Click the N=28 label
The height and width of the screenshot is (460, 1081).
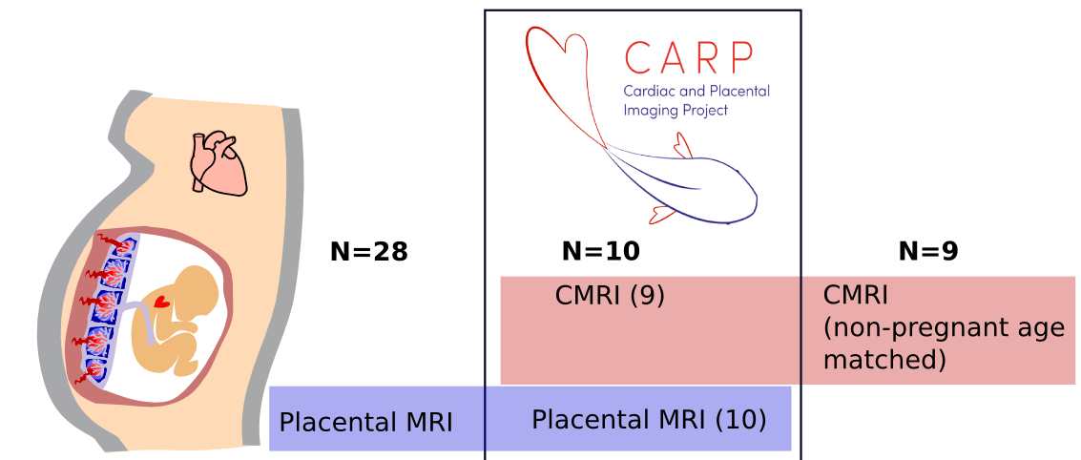click(x=368, y=252)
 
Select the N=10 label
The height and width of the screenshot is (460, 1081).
click(x=600, y=252)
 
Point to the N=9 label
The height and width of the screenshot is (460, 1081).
click(x=927, y=252)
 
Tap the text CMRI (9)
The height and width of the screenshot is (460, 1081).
click(x=610, y=296)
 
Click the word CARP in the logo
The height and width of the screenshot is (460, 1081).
click(x=688, y=58)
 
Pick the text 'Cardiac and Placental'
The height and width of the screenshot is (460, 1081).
click(x=696, y=92)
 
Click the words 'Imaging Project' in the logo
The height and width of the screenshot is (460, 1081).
click(x=675, y=110)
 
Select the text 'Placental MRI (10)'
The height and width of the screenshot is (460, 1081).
click(x=649, y=419)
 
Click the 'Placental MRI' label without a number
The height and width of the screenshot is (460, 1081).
click(x=365, y=422)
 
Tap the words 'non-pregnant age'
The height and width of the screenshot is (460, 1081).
click(x=944, y=328)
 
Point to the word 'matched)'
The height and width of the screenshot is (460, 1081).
click(x=884, y=360)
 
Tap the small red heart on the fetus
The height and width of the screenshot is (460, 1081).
click(x=161, y=302)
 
